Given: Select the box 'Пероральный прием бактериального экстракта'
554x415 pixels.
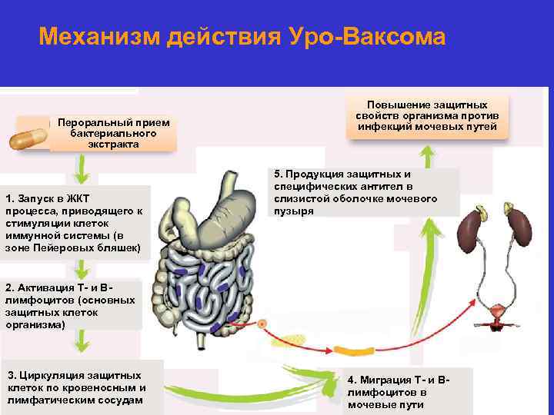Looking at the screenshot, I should [113, 134].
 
